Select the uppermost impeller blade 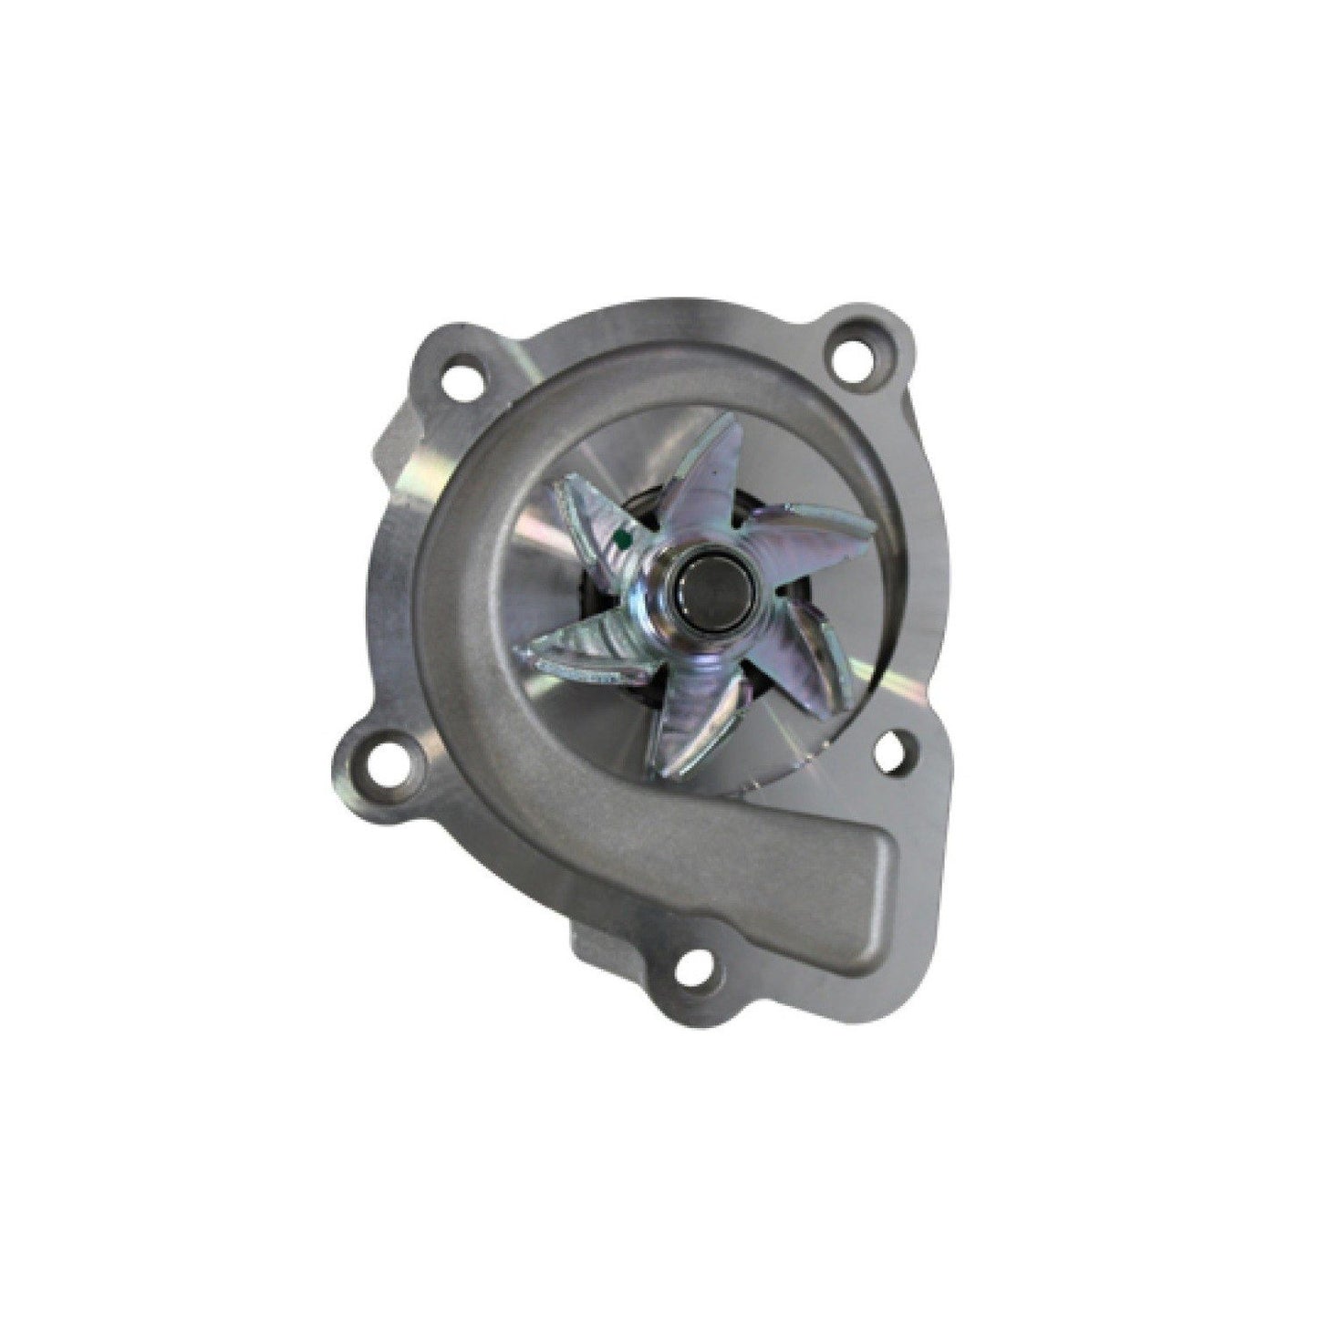click(x=711, y=465)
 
